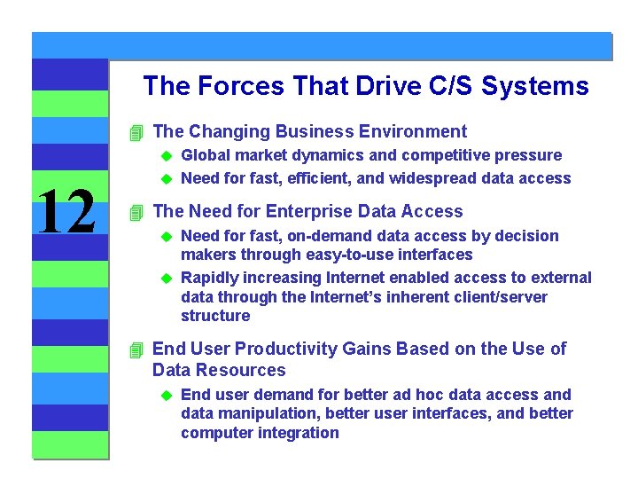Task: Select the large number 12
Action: tap(68, 213)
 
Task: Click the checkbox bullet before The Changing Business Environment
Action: tap(136, 133)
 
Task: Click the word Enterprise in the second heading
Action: tap(307, 211)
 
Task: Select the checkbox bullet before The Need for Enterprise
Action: tap(136, 213)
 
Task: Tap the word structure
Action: tap(215, 316)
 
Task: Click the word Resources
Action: tap(242, 371)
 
